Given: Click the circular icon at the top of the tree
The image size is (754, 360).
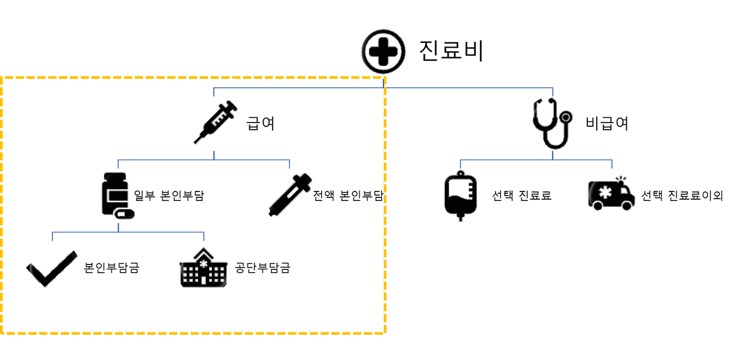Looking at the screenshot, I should click(x=383, y=51).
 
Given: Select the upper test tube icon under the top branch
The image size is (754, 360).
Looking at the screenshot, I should click(x=216, y=122).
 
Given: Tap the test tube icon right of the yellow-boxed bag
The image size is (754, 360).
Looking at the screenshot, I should click(x=290, y=194).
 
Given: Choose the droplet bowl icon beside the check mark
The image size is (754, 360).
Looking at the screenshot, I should click(x=204, y=269).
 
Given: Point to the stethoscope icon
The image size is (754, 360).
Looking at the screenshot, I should click(x=552, y=124).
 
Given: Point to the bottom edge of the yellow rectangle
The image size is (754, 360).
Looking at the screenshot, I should click(x=194, y=333).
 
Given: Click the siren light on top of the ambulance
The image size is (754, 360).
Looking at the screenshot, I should click(x=619, y=176).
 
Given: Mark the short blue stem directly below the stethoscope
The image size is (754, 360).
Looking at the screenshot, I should click(x=553, y=154).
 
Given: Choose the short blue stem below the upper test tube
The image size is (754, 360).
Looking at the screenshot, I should click(x=214, y=154).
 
